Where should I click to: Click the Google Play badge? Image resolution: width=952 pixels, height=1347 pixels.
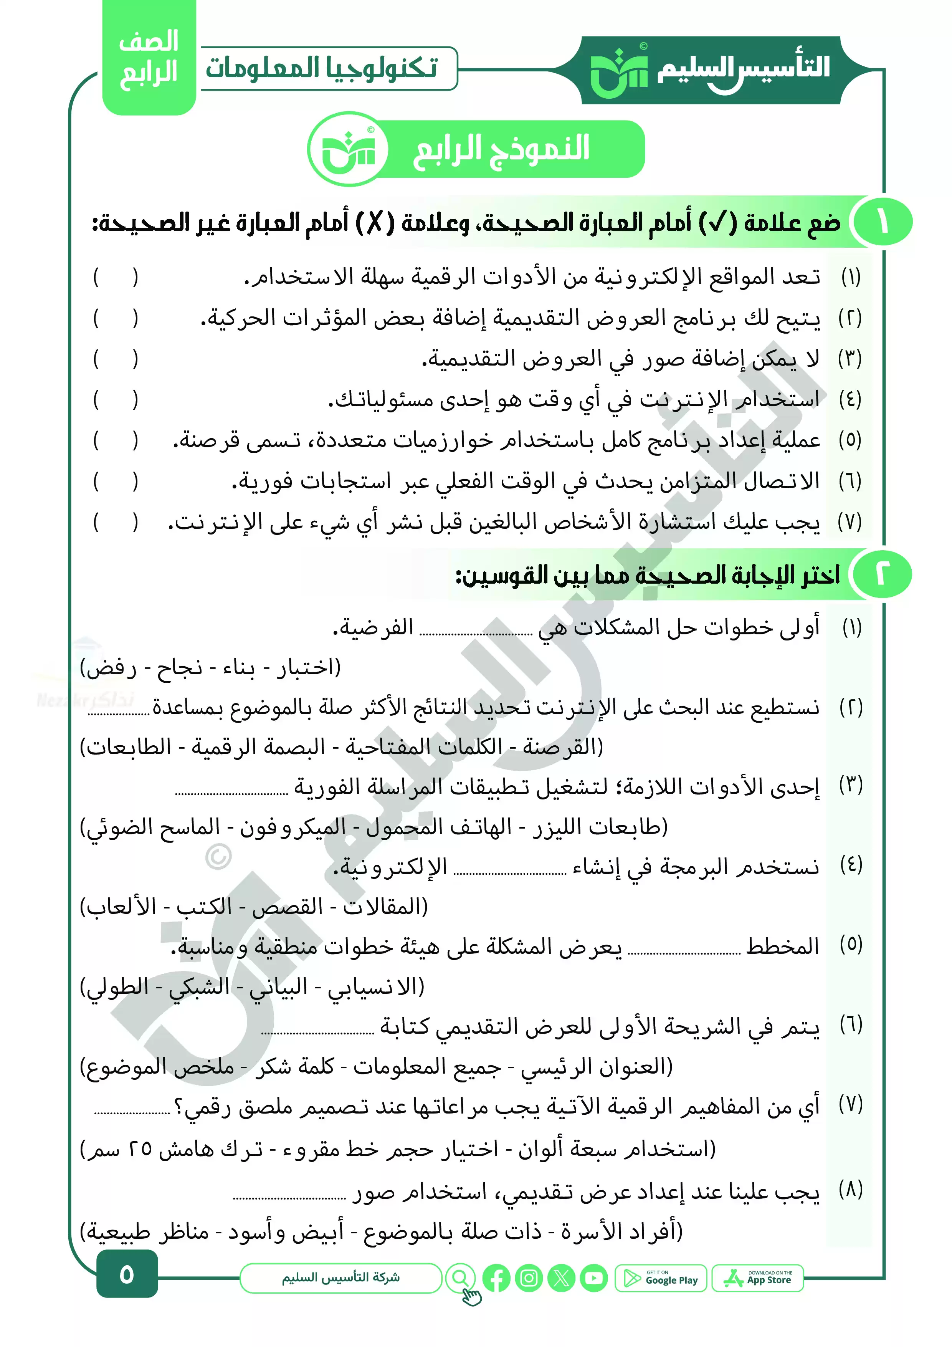pos(661,1278)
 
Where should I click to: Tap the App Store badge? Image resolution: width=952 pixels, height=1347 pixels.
pos(757,1278)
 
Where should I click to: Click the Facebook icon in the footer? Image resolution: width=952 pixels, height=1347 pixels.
pos(496,1278)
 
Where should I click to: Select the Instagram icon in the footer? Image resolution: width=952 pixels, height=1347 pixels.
pos(529,1278)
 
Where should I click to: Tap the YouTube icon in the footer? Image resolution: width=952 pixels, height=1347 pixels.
pos(593,1278)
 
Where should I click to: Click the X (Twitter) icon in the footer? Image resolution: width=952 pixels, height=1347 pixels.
pos(561,1278)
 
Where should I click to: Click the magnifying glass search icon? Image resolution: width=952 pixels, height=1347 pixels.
pos(461,1278)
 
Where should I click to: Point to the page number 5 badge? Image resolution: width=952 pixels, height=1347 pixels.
pos(127,1275)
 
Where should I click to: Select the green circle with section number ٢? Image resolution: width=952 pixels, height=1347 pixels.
pos(882,574)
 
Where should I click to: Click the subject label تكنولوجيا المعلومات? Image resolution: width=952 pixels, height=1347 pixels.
pos(321,68)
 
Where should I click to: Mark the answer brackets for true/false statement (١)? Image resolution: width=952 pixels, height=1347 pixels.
pos(116,277)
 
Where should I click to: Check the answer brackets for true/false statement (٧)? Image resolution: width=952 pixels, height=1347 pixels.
pos(116,521)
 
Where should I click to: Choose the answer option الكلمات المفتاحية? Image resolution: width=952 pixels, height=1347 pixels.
pos(423,747)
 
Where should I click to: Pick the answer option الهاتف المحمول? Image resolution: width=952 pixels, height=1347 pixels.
pos(439,827)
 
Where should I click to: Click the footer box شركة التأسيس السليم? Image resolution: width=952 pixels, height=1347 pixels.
pos(341,1278)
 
